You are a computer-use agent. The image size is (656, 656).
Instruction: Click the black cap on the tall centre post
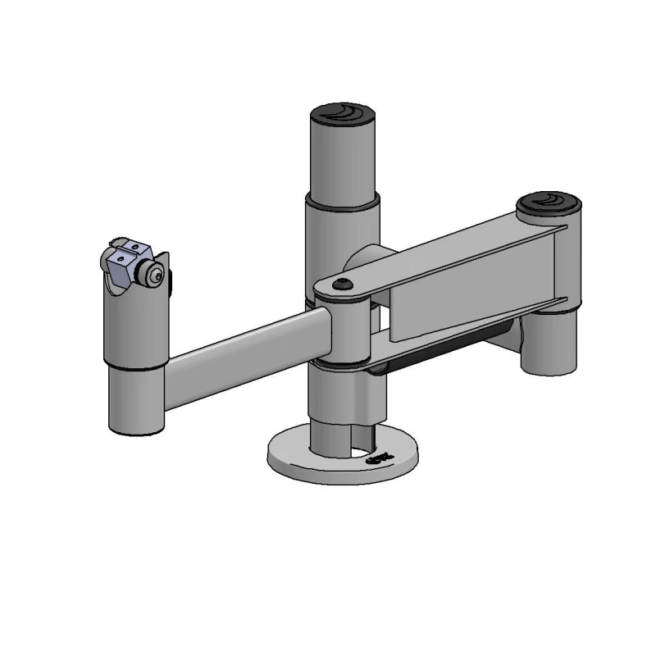343,112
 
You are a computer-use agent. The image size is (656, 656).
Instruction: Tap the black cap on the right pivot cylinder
549,201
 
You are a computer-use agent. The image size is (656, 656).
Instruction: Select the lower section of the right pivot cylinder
549,344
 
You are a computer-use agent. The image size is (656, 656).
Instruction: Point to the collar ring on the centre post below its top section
343,199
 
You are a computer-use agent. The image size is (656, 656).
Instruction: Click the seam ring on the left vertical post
135,366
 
